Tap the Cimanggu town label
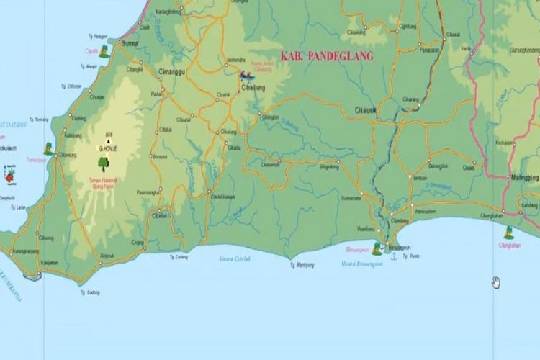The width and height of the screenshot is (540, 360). [x=175, y=73]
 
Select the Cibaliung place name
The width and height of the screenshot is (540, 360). [x=253, y=88]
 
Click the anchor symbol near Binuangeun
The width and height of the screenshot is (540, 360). [x=393, y=257]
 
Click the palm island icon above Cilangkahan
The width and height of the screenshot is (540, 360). [x=509, y=232]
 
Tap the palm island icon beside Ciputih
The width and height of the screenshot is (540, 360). [x=105, y=50]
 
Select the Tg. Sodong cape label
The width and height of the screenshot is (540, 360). [x=90, y=292]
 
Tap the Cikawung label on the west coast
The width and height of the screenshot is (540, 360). [x=67, y=155]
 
